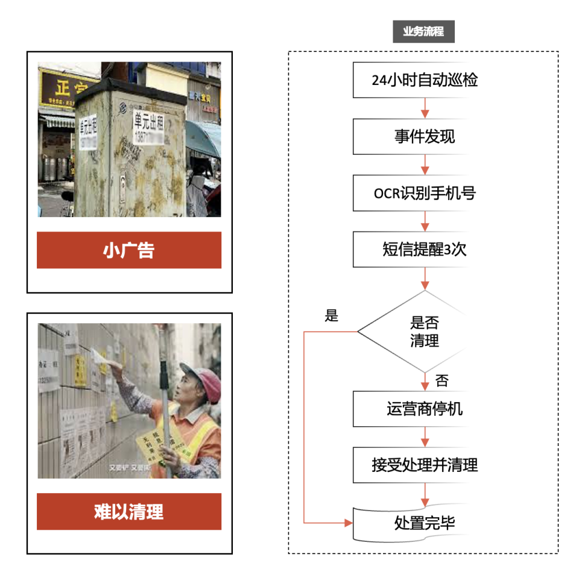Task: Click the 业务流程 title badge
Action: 423,31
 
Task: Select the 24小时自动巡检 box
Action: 424,80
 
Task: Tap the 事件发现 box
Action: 424,137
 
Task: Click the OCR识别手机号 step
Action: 424,193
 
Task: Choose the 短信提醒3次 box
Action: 424,250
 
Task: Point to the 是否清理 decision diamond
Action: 424,332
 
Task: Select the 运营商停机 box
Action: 424,409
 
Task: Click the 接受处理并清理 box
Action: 424,465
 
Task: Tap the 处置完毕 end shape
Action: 424,523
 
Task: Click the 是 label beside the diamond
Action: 332,316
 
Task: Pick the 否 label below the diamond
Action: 441,380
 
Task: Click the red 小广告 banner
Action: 129,250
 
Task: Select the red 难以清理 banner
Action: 129,512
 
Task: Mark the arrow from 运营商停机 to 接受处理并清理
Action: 425,437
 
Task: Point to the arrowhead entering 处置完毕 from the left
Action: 348,523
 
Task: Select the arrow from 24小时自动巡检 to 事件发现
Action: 425,108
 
